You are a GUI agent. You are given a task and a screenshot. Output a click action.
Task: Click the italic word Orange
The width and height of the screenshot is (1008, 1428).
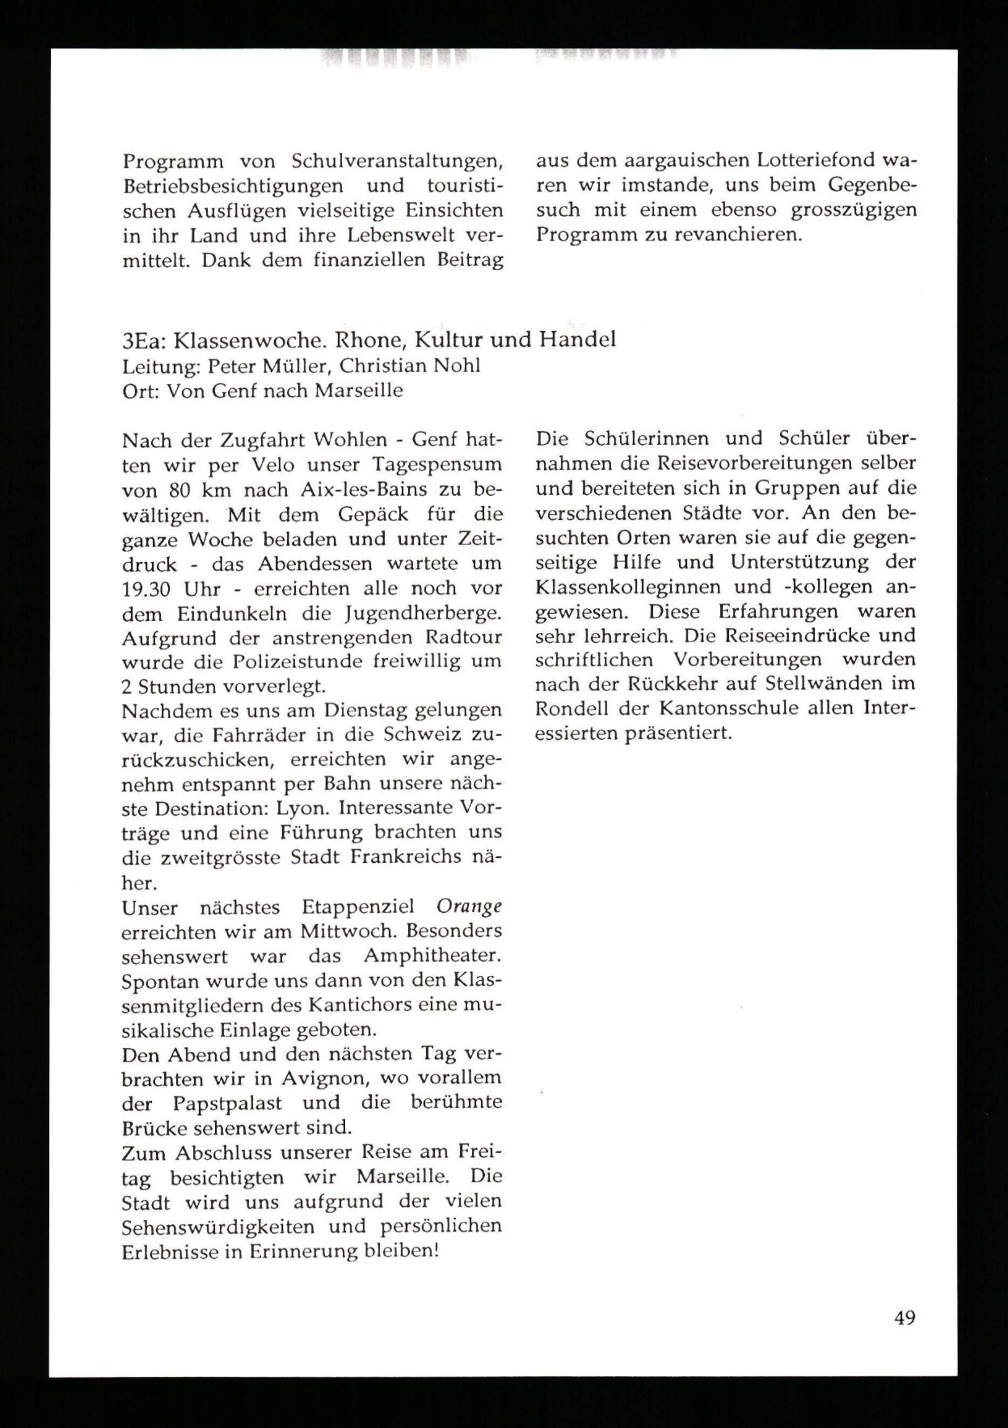468,908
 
